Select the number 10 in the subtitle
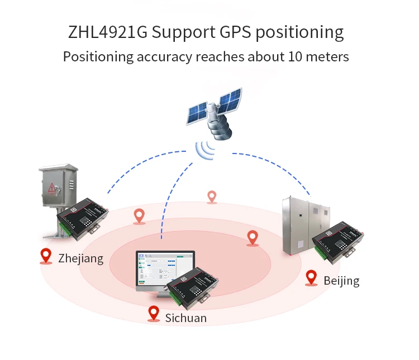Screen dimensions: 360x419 coord(296,57)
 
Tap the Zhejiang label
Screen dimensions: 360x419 coord(80,258)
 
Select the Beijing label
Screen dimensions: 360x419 coord(341,280)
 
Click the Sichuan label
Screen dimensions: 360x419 coord(185,318)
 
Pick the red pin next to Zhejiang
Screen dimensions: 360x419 coord(46,256)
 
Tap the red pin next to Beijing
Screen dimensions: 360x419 coord(311,278)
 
